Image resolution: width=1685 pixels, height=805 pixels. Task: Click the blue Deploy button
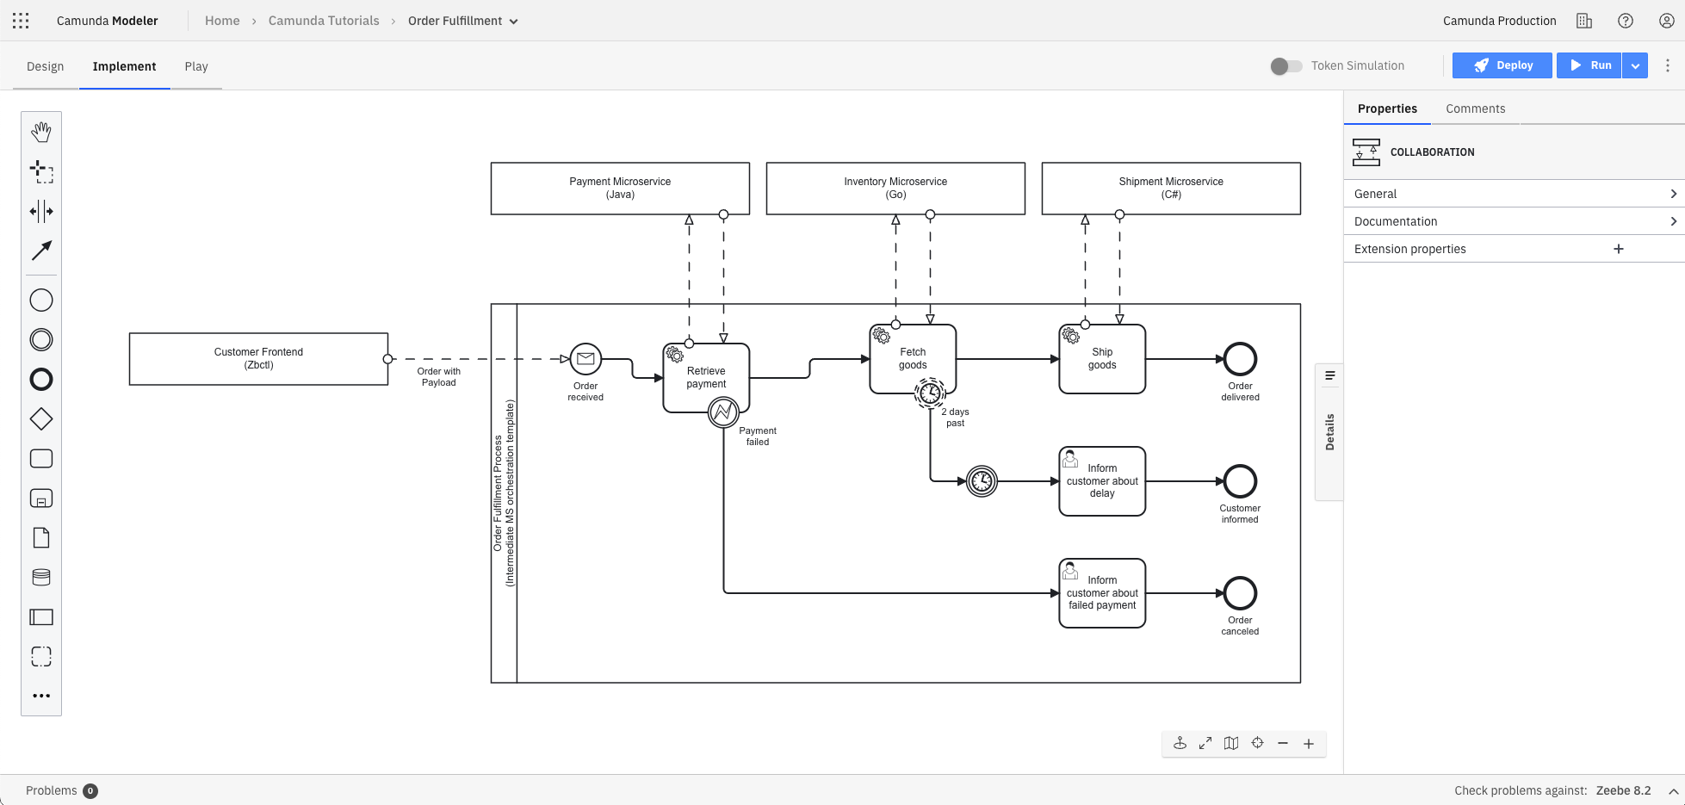pos(1502,65)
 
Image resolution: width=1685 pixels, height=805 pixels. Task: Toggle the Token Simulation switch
pos(1286,66)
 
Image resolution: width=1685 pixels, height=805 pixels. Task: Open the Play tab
pos(196,66)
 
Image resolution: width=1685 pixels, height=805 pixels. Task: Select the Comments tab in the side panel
pos(1475,108)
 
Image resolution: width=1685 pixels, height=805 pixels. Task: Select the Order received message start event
pos(585,359)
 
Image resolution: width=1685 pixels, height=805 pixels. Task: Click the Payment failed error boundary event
pos(723,413)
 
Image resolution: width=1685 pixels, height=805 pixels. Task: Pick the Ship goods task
pos(1102,359)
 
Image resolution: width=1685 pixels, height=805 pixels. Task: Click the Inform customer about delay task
pos(1102,481)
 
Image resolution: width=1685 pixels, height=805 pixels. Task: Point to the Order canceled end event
pos(1240,593)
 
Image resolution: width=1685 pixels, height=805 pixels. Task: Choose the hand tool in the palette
pos(41,132)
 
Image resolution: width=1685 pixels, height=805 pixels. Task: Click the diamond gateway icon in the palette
pos(41,419)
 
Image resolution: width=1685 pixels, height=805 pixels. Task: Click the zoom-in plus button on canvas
pos(1309,744)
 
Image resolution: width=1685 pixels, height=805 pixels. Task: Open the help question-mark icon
pos(1626,21)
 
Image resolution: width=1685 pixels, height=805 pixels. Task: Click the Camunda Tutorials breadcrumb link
pos(324,21)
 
